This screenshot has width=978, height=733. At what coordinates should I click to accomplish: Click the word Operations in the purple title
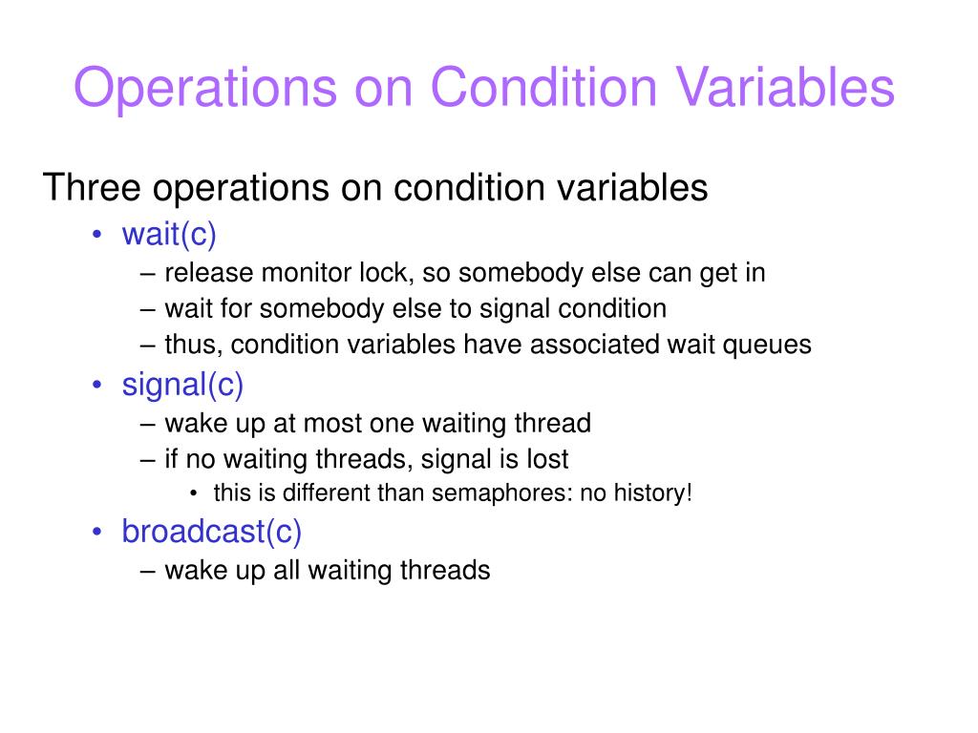pyautogui.click(x=205, y=89)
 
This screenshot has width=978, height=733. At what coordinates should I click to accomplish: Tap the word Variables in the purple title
pyautogui.click(x=786, y=87)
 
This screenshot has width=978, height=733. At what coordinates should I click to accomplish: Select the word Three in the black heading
pyautogui.click(x=92, y=187)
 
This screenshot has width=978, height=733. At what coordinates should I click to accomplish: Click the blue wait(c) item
pyautogui.click(x=169, y=235)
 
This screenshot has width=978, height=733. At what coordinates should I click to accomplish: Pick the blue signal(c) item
pyautogui.click(x=182, y=386)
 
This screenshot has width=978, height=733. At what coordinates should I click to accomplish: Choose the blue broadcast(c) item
pyautogui.click(x=211, y=532)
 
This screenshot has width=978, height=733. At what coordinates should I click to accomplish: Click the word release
pyautogui.click(x=208, y=272)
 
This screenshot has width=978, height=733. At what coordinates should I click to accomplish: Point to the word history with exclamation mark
pyautogui.click(x=653, y=493)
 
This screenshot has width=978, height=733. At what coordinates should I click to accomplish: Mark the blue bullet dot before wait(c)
pyautogui.click(x=96, y=235)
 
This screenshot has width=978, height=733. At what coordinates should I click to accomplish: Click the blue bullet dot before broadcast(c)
pyautogui.click(x=96, y=532)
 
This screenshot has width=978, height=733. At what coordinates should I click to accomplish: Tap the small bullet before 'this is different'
pyautogui.click(x=193, y=493)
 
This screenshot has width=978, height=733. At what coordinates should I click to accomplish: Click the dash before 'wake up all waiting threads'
pyautogui.click(x=148, y=571)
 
